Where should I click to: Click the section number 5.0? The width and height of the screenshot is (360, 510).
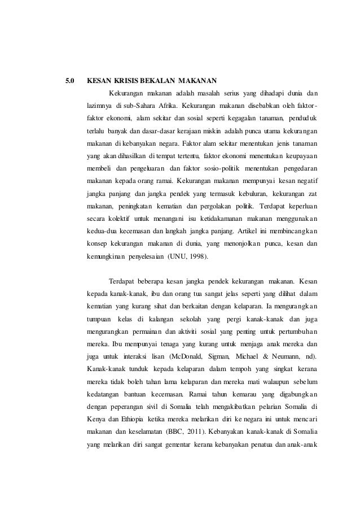tap(70, 79)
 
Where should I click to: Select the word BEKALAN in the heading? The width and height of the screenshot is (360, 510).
tap(159, 79)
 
